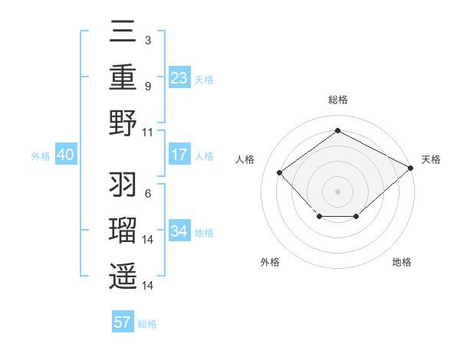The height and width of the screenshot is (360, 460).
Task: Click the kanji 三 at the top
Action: pos(123,33)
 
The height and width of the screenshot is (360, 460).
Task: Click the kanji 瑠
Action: pos(123,231)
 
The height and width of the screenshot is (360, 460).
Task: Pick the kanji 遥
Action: pos(123,275)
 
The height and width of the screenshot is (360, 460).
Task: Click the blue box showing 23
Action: pos(179,78)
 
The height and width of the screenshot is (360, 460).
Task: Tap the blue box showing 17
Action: pos(179,155)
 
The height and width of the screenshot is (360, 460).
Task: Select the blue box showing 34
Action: pos(179,231)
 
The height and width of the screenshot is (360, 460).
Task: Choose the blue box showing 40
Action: pos(65,155)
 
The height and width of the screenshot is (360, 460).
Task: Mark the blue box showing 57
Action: pos(123,322)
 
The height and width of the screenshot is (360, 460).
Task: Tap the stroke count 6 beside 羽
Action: pos(147,194)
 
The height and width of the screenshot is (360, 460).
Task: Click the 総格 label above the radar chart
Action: pos(337,100)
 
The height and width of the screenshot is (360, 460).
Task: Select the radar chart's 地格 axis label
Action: pos(402,262)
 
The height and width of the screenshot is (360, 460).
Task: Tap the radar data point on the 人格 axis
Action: pos(280,172)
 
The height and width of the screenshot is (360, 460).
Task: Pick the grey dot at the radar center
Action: pos(337,191)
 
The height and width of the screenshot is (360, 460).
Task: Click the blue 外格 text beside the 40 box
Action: pos(41,156)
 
